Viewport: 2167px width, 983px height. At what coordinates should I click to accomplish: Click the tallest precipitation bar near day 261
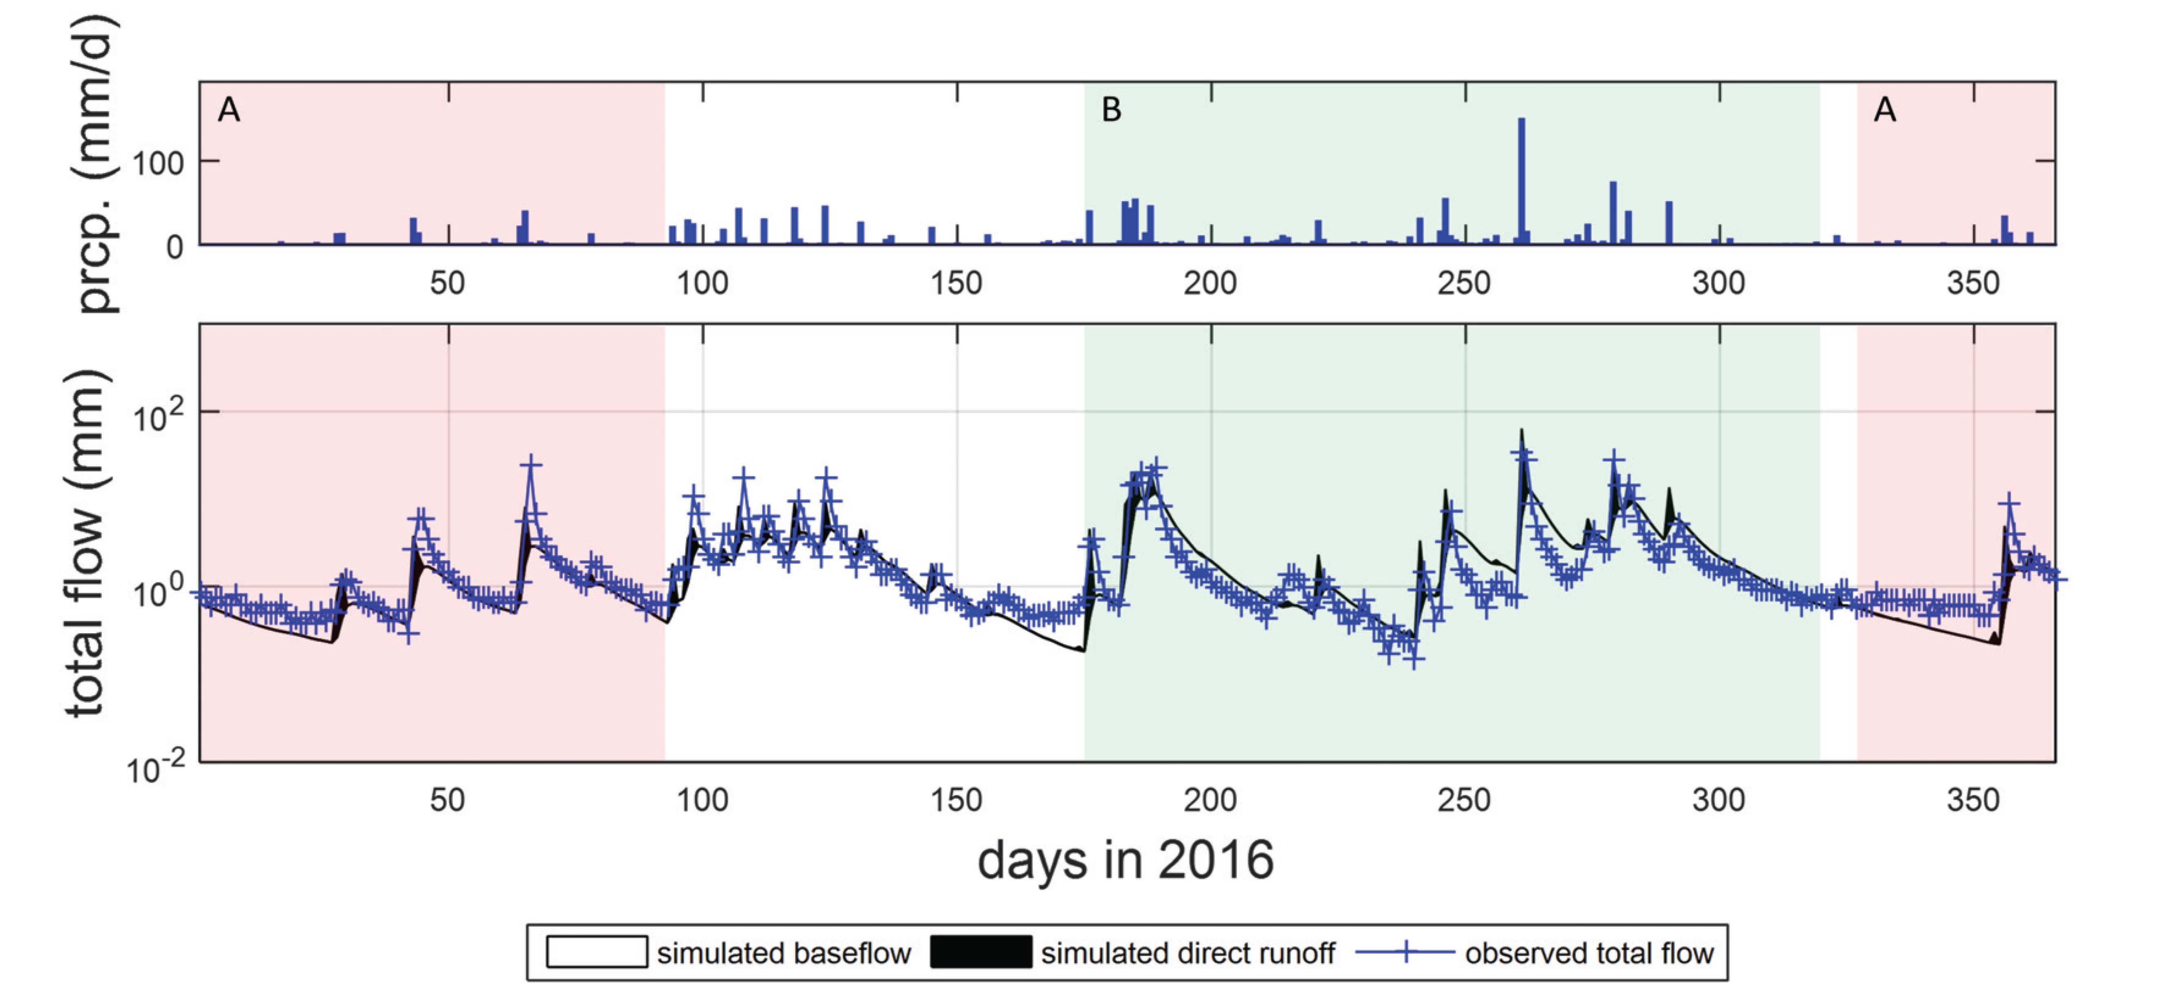(x=1521, y=181)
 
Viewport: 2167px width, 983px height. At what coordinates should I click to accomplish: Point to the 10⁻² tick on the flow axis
(x=156, y=767)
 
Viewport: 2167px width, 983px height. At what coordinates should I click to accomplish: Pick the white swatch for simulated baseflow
(x=596, y=952)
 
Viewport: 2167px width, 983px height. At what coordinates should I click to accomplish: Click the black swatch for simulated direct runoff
(x=981, y=952)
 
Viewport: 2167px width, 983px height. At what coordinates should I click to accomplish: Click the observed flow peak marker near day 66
(x=531, y=463)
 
